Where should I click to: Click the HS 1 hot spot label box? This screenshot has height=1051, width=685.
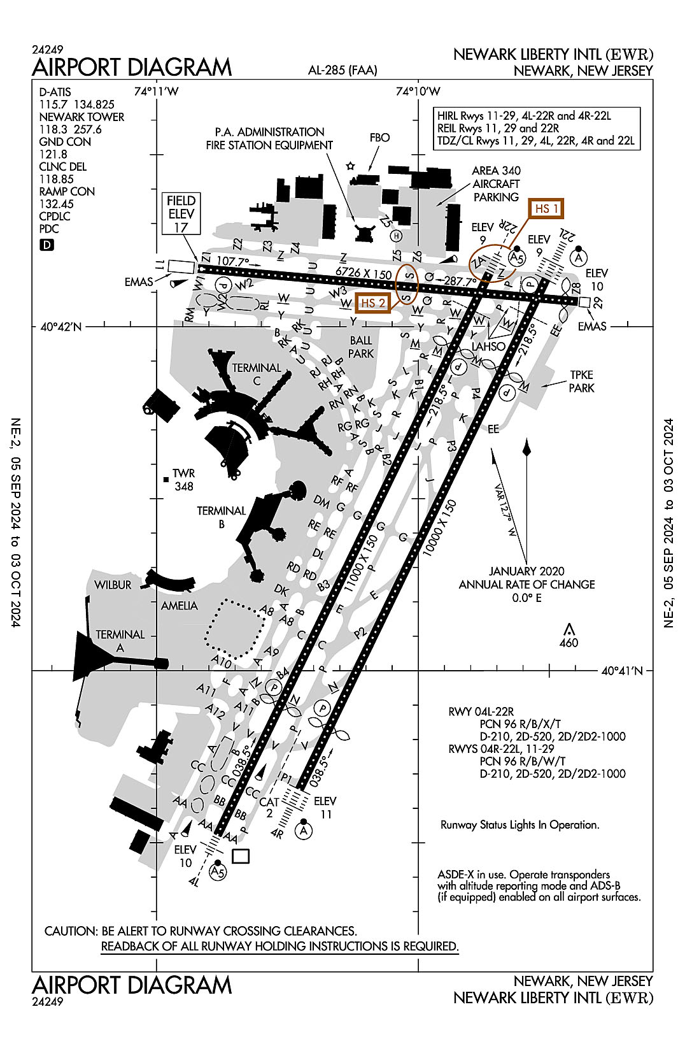[547, 209]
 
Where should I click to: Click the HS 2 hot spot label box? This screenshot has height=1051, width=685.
[373, 303]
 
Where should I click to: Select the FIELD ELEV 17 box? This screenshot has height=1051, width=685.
[181, 214]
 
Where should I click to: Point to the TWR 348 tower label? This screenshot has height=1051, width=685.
[183, 480]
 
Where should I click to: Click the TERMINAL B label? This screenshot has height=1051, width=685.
[221, 517]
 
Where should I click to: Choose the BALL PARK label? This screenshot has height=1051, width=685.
[361, 347]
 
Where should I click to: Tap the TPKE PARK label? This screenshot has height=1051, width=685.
[581, 381]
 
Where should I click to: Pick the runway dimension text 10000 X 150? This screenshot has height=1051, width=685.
[440, 528]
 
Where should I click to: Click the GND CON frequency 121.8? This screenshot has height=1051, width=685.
[53, 154]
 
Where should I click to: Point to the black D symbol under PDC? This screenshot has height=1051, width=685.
[46, 245]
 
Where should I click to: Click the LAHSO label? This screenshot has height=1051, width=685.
[488, 347]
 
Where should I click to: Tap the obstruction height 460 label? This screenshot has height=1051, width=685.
[568, 643]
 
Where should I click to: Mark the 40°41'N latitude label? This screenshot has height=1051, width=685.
[622, 671]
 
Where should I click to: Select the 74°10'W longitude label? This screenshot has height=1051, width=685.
[418, 91]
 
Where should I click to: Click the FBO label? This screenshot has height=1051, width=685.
[379, 138]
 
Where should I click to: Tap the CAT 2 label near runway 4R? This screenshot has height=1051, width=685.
[269, 808]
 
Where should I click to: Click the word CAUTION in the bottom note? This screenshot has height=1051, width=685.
[70, 931]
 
